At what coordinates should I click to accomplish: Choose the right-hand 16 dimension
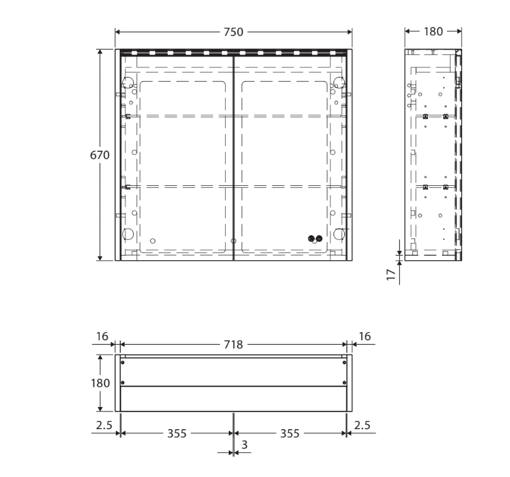(365, 338)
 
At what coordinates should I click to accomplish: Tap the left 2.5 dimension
(104, 426)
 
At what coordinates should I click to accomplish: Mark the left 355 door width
(177, 434)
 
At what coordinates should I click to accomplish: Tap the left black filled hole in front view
(311, 238)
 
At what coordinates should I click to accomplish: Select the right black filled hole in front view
(319, 238)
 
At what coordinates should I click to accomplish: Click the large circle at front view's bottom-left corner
(127, 234)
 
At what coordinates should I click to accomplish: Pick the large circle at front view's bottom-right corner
(340, 234)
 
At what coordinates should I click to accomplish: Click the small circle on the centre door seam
(233, 241)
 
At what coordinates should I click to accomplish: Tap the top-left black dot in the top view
(123, 362)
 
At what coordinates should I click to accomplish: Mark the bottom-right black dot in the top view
(343, 382)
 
